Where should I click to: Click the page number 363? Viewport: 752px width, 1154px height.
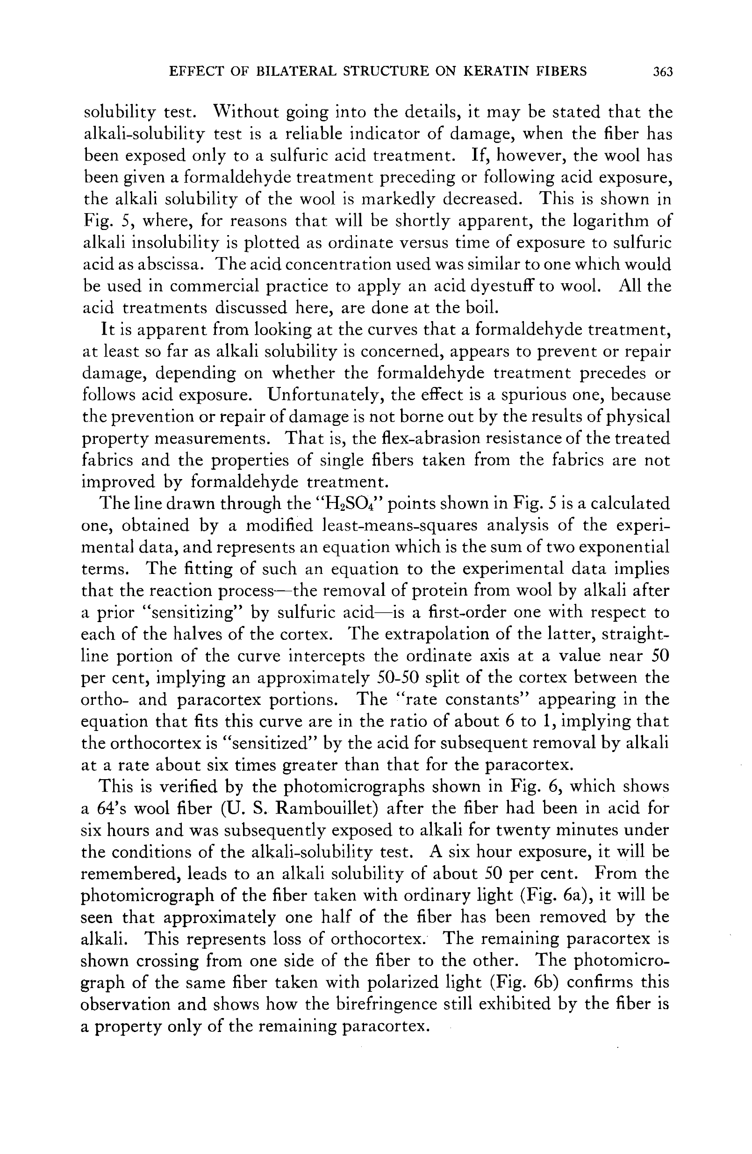[663, 72]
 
